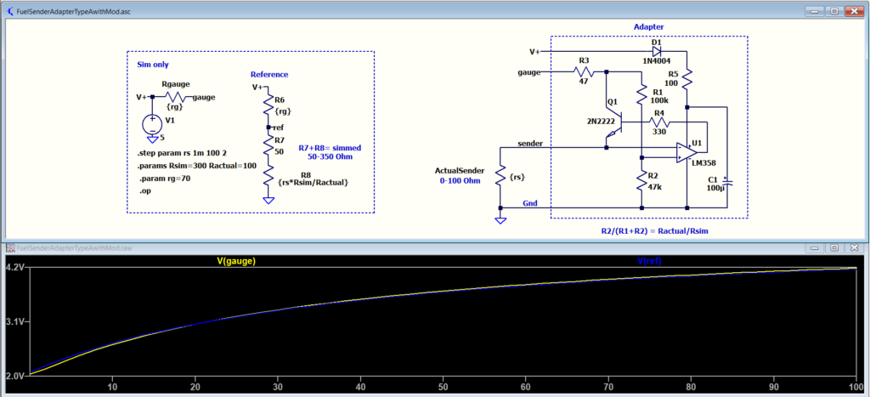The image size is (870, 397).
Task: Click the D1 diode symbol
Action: pyautogui.click(x=657, y=51)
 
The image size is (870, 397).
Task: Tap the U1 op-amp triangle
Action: pyautogui.click(x=686, y=152)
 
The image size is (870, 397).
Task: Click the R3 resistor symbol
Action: pyautogui.click(x=584, y=71)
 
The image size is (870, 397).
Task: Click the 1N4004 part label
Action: pyautogui.click(x=658, y=61)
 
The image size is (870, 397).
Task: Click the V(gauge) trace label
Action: pyautogui.click(x=236, y=260)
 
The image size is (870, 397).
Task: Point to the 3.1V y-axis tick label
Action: pyautogui.click(x=15, y=322)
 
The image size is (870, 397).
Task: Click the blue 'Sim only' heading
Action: pyautogui.click(x=153, y=65)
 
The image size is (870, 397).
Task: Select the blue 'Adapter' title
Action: pyautogui.click(x=648, y=26)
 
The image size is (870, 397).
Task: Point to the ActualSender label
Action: pyautogui.click(x=460, y=171)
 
